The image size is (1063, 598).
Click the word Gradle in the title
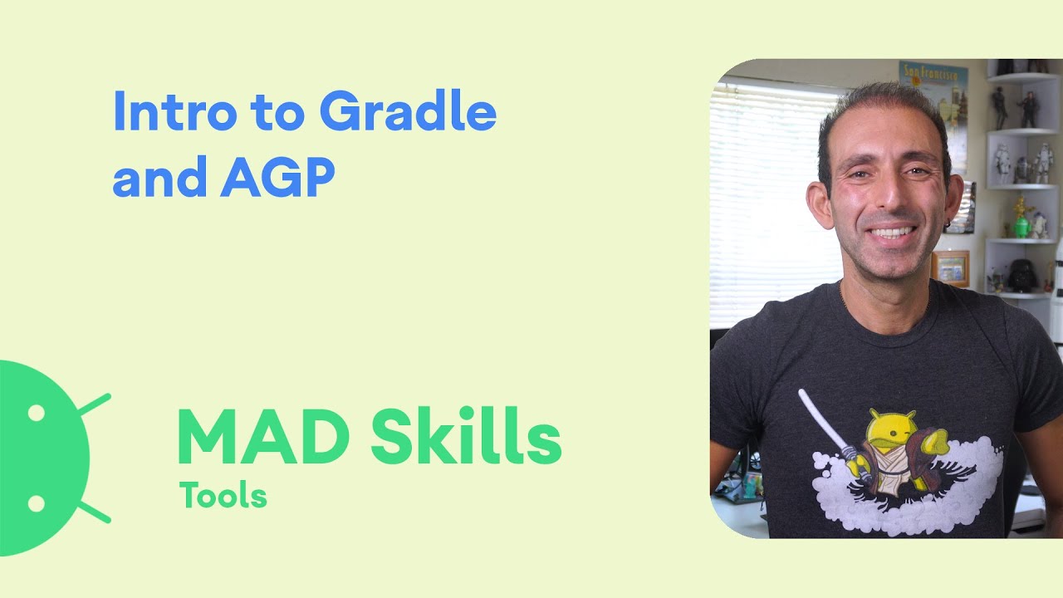(408, 114)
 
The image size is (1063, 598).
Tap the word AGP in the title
(277, 178)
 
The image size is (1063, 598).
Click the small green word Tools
(223, 496)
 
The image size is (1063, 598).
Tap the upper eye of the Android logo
(37, 413)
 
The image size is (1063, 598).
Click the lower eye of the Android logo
(37, 503)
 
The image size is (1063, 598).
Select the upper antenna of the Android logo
(93, 404)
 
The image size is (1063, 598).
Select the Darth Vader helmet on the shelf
(1021, 275)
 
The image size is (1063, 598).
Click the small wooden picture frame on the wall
(951, 267)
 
